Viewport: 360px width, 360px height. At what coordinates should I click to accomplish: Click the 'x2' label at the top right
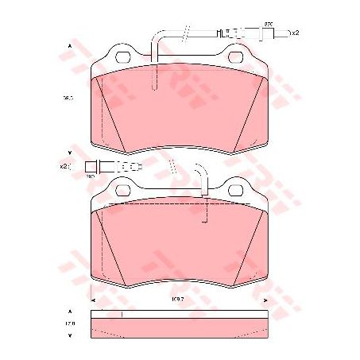tap(295, 33)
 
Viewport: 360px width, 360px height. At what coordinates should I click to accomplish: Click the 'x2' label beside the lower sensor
tap(64, 166)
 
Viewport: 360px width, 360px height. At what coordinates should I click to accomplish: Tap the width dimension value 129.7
tap(180, 299)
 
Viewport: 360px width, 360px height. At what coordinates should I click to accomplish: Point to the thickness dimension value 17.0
tap(69, 324)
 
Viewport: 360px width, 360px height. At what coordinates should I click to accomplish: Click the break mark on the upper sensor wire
tap(184, 33)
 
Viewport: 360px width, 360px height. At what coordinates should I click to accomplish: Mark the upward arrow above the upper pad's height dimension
tap(70, 47)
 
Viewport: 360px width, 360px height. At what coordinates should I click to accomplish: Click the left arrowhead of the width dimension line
tap(95, 300)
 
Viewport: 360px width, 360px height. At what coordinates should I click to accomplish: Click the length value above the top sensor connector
tap(268, 25)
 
